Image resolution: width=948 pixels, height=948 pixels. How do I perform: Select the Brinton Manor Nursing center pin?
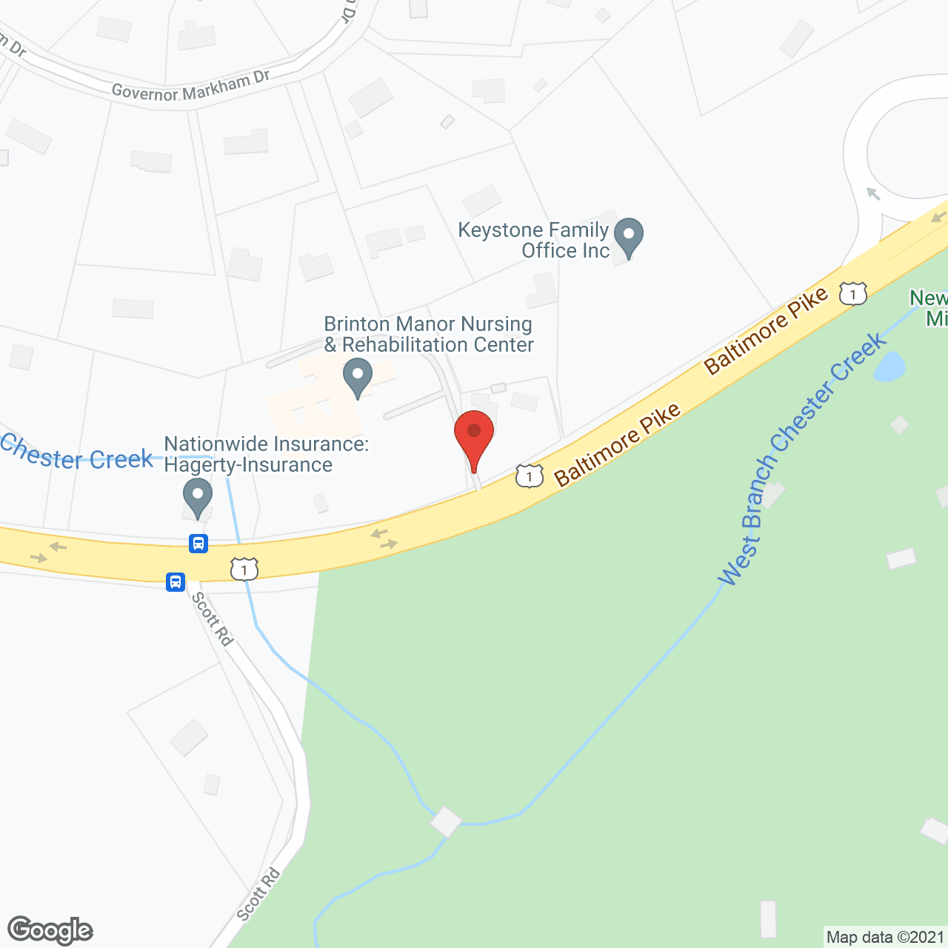click(358, 376)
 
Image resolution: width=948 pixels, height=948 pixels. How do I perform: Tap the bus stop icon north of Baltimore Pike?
click(198, 544)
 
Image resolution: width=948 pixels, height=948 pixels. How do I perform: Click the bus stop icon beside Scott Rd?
click(176, 581)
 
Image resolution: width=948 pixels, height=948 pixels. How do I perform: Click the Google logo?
click(50, 930)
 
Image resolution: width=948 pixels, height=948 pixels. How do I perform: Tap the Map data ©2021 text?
click(885, 938)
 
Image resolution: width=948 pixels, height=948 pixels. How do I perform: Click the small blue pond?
click(889, 366)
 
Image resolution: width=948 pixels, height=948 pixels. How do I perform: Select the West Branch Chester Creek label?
click(800, 459)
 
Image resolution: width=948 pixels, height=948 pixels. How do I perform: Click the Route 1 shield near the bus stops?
click(244, 569)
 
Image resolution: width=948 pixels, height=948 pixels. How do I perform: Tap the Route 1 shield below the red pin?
click(529, 475)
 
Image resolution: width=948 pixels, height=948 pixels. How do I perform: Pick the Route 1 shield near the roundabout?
click(852, 294)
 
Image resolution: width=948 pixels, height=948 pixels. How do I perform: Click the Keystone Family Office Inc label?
click(534, 241)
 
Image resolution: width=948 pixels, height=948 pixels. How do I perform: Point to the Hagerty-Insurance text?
click(248, 465)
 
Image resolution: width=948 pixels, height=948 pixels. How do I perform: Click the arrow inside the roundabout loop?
click(873, 194)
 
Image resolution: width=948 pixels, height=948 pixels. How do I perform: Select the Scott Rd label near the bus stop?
click(213, 618)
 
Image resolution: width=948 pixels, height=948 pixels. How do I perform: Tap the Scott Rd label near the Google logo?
click(258, 895)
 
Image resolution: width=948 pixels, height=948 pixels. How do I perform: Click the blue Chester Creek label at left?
click(76, 453)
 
